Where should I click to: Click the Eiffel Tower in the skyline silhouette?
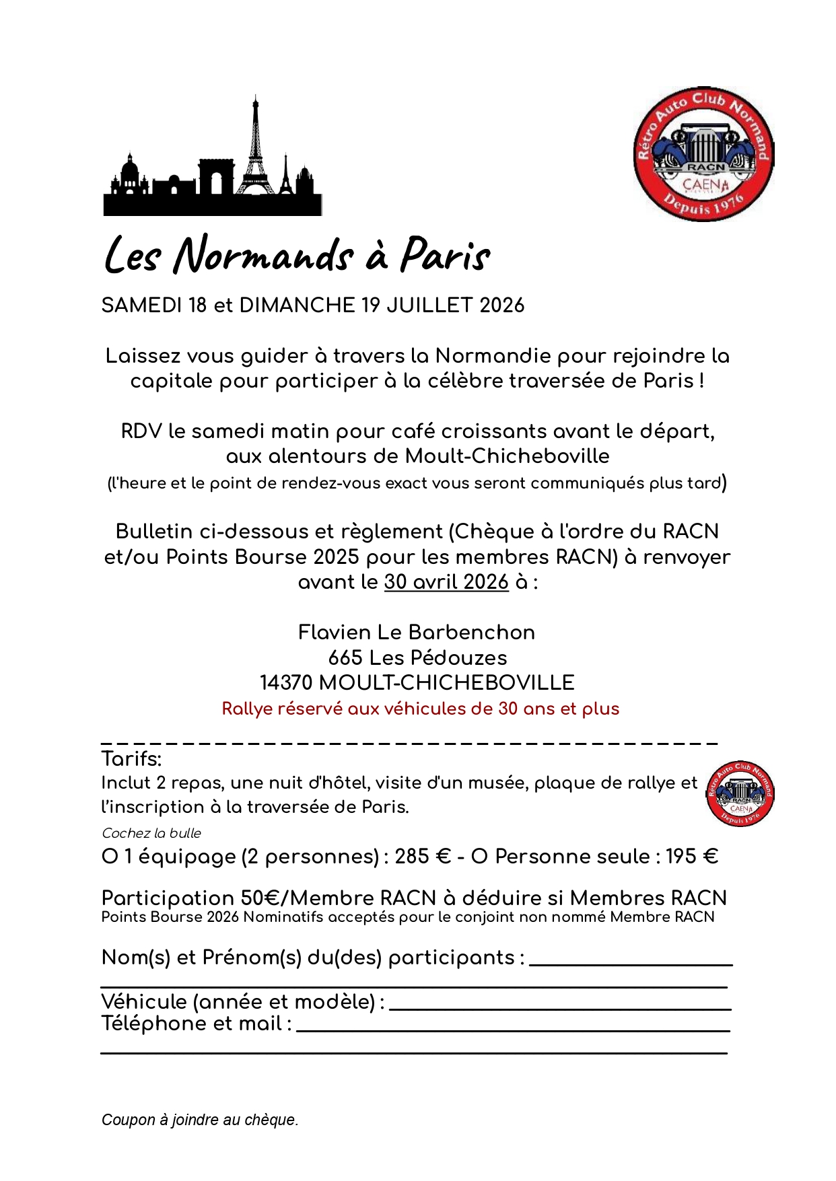point(255,151)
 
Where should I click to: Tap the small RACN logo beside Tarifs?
point(740,794)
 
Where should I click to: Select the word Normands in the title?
point(263,256)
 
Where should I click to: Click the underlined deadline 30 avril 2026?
point(446,582)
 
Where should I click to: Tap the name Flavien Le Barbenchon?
point(417,633)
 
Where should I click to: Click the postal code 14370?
point(286,683)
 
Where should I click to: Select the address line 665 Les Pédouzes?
point(417,657)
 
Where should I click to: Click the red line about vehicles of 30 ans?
point(420,709)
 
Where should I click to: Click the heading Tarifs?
point(131,759)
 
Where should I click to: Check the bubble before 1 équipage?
point(110,857)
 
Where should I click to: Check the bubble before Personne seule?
point(479,857)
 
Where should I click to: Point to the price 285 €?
point(423,857)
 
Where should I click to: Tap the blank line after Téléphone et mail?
point(513,1028)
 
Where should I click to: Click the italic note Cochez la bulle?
point(151,833)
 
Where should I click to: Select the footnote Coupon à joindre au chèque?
point(200,1120)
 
